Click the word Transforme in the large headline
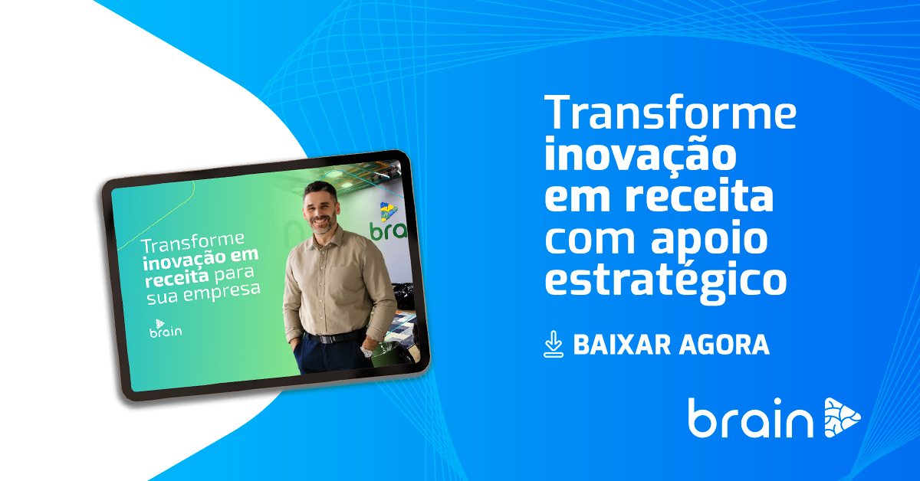coord(670,112)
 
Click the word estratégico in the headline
coord(665,281)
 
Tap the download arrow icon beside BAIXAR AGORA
coord(554,344)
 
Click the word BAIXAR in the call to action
coord(622,345)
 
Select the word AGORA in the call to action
coord(724,345)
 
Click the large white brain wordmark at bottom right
coord(751,417)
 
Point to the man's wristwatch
coord(366,352)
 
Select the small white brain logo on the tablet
coord(165,329)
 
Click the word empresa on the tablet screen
coord(222,292)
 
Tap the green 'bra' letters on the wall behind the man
coord(388,231)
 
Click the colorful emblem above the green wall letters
coord(388,211)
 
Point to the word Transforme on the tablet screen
coord(192,243)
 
